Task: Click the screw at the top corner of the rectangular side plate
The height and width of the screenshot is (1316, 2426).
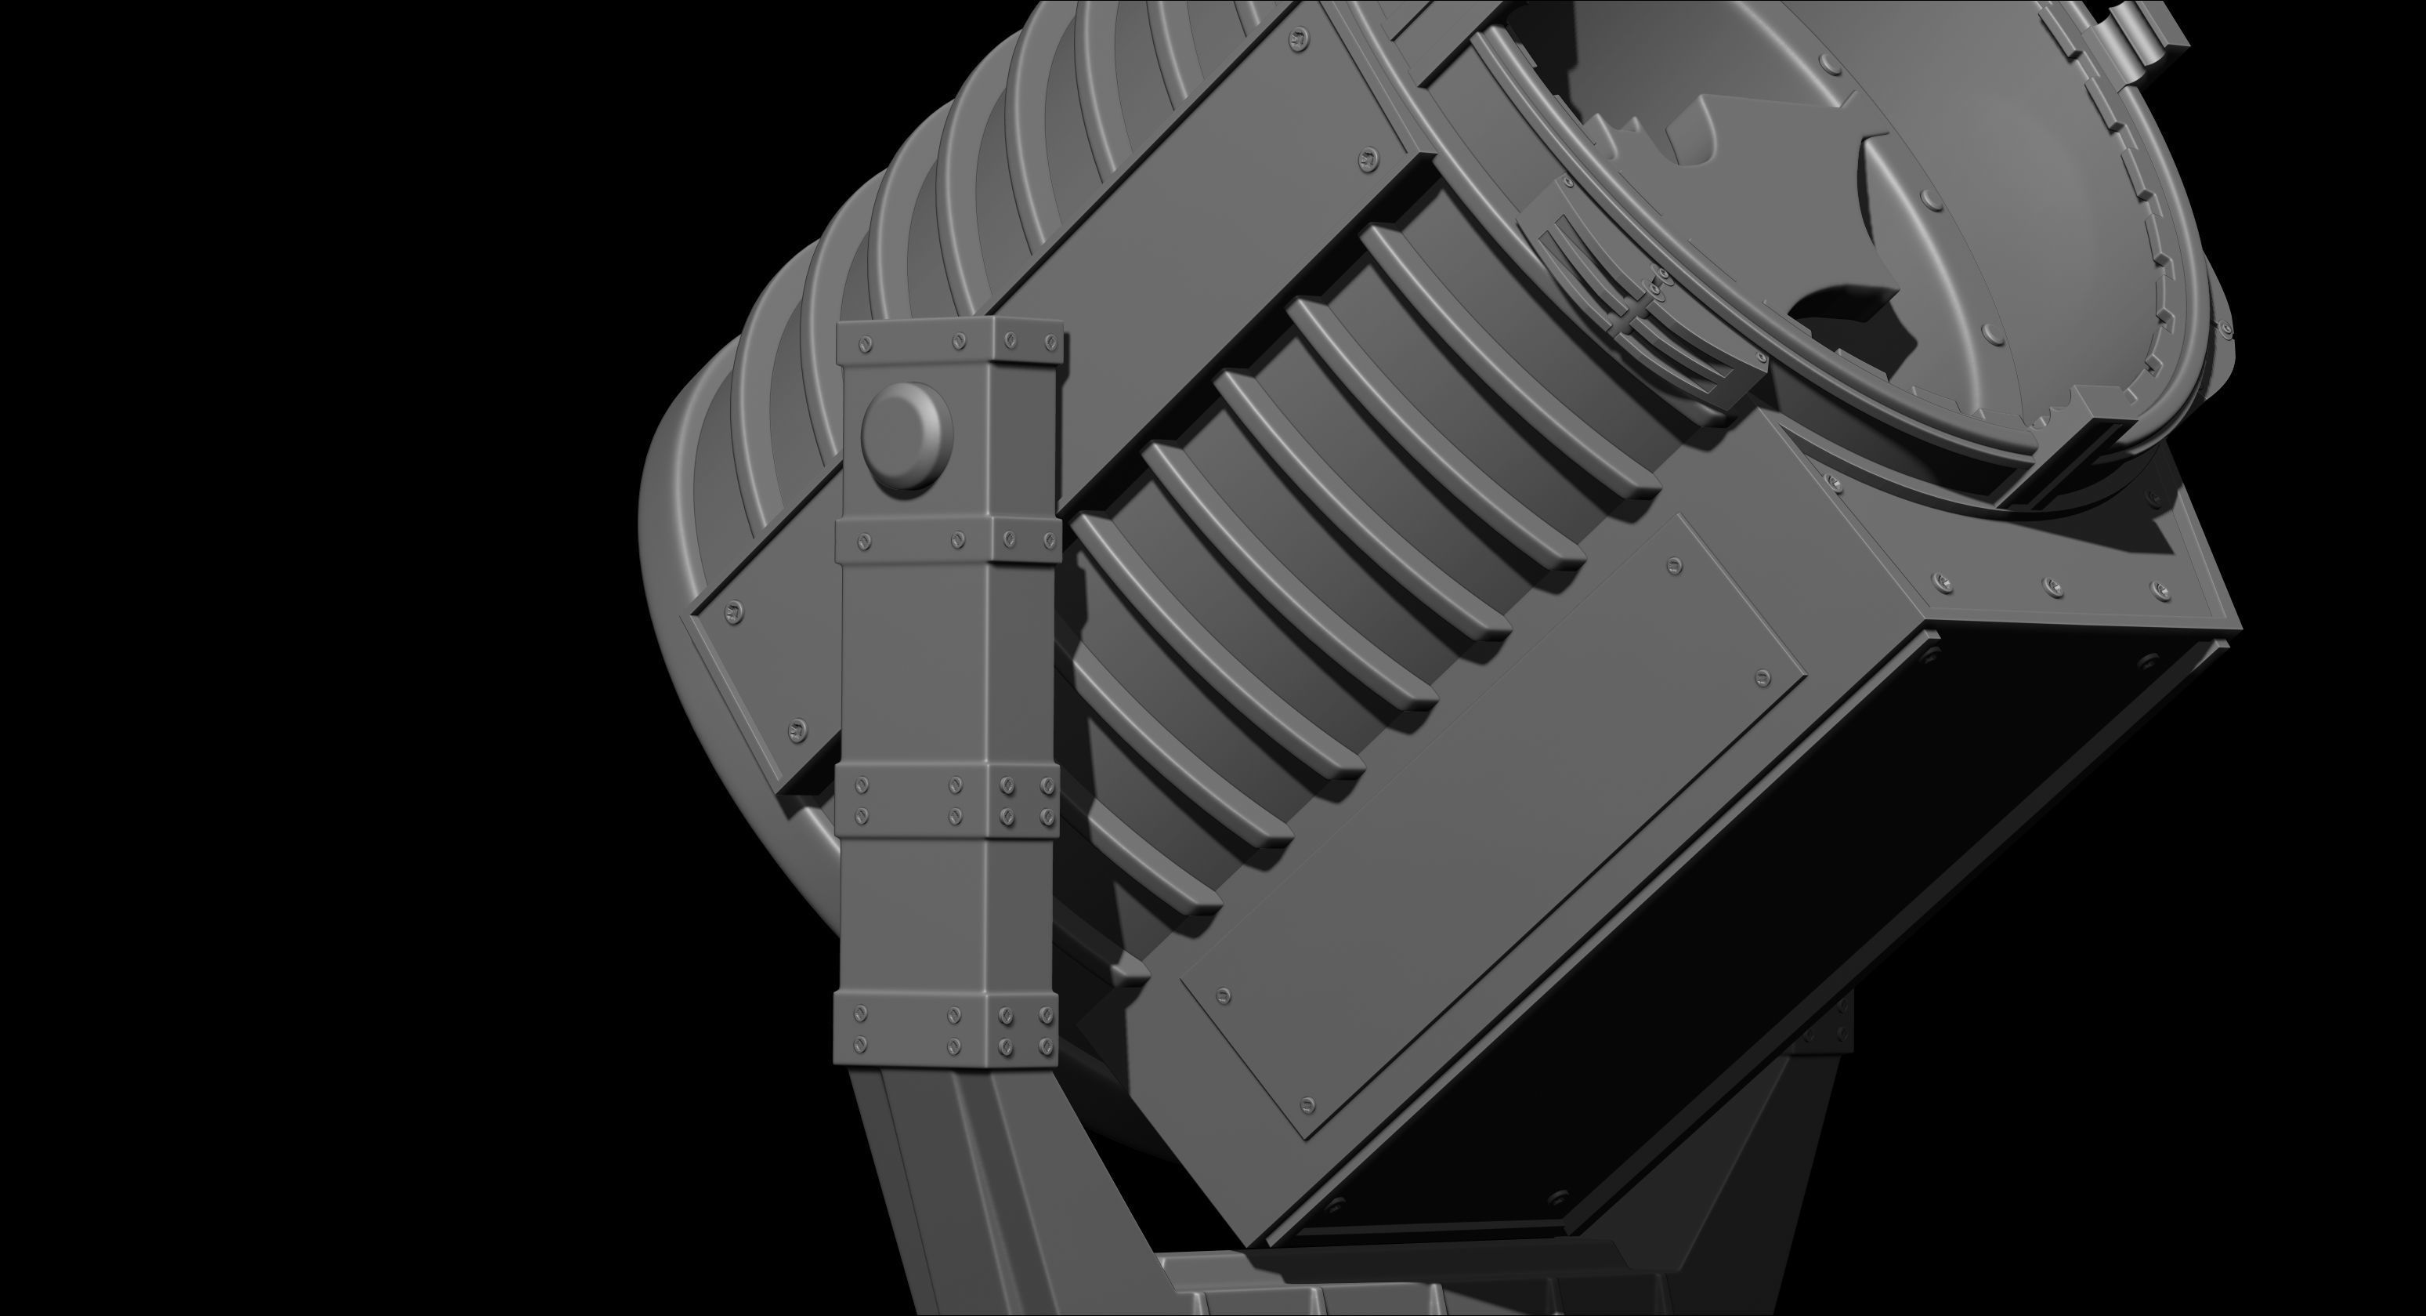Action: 1673,566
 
